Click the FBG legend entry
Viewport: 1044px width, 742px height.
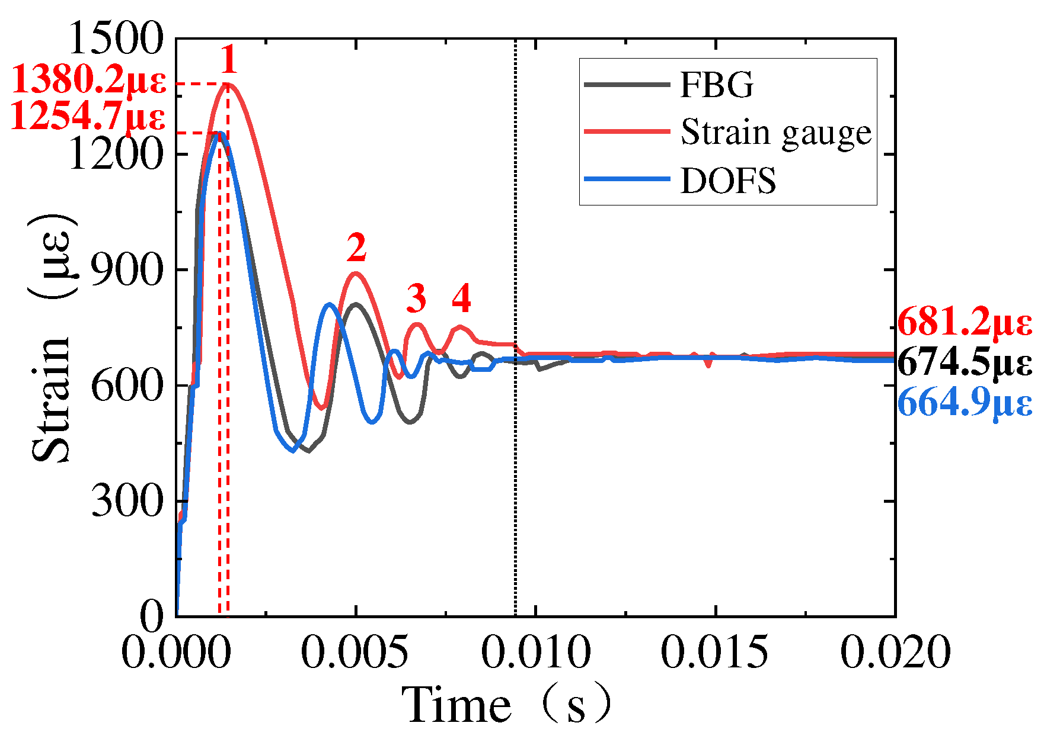[716, 85]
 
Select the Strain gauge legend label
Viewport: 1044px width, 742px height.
[775, 133]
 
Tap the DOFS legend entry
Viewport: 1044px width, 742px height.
[727, 181]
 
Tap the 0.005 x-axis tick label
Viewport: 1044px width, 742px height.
[355, 652]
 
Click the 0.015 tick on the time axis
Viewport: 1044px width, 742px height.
[714, 652]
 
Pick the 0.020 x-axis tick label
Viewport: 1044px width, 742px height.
[895, 652]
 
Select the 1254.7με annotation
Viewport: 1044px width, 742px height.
[88, 117]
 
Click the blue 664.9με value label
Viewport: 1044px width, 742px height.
[965, 403]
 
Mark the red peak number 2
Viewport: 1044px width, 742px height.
[356, 248]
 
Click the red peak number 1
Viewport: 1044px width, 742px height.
[228, 60]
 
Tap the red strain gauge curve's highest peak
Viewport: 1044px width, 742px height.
[228, 84]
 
